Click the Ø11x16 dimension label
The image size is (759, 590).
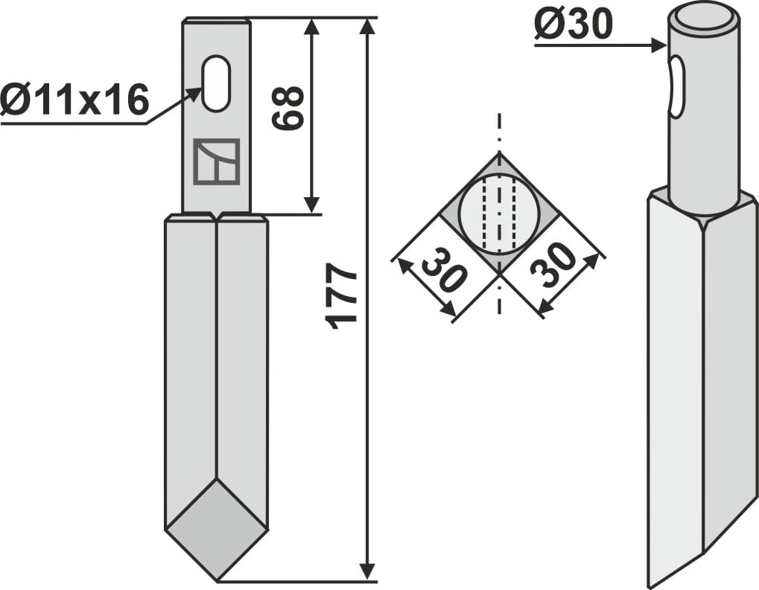pyautogui.click(x=74, y=100)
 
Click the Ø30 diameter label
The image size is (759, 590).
pyautogui.click(x=573, y=27)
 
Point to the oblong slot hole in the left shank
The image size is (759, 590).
pyautogui.click(x=216, y=83)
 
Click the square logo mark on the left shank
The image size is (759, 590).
pyautogui.click(x=216, y=161)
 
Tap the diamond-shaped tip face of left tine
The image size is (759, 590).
pyautogui.click(x=216, y=528)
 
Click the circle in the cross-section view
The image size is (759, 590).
pyautogui.click(x=499, y=215)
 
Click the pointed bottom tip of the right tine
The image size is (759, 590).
pyautogui.click(x=652, y=583)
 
